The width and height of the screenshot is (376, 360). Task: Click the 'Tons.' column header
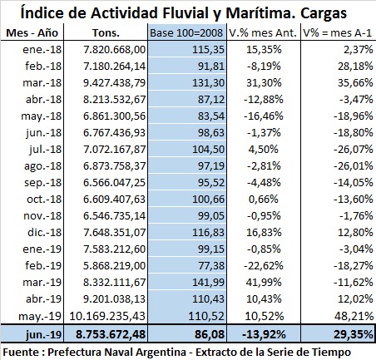106,32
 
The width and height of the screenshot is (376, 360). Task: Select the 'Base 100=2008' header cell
186,32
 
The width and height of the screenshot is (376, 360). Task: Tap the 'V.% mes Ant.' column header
263,32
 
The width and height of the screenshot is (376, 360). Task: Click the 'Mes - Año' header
32,32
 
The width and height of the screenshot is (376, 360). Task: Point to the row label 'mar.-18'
42,83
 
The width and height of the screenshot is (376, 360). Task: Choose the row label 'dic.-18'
44,232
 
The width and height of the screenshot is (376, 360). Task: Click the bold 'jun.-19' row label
43,334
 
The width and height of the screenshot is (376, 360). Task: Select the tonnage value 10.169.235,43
107,316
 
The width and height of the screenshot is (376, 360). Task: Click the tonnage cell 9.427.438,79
115,83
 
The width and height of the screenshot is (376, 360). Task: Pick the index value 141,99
208,282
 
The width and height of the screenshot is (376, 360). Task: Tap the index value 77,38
211,265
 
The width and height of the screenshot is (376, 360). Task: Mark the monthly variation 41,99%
264,282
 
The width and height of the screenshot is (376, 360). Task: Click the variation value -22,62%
264,265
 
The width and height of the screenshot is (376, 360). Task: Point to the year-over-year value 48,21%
354,316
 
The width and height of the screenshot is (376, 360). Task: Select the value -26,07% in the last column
354,150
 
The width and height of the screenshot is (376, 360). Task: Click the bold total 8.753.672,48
111,334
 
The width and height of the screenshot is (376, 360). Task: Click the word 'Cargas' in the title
324,13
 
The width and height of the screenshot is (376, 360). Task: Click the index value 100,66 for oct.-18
208,200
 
